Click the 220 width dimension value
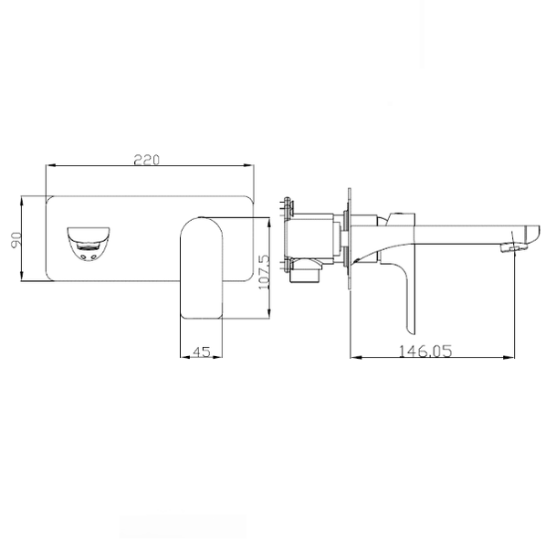pos(148,159)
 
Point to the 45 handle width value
pos(203,350)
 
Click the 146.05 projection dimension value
pos(424,350)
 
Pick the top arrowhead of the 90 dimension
pos(26,198)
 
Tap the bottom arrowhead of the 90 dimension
pos(26,279)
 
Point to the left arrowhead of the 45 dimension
pos(182,358)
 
